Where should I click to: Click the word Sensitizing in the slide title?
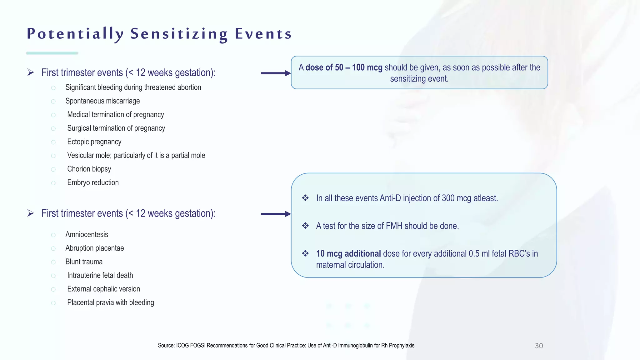click(x=179, y=34)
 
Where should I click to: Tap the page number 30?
click(x=539, y=346)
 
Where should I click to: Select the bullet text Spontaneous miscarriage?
click(x=102, y=101)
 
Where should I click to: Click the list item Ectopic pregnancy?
click(x=94, y=142)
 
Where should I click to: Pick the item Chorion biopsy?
click(x=89, y=169)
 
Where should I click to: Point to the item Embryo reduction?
click(x=93, y=182)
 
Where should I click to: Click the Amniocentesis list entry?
click(x=87, y=234)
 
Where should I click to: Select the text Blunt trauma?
click(x=84, y=262)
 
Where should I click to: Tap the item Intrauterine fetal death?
click(x=100, y=275)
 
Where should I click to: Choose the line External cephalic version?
click(x=103, y=289)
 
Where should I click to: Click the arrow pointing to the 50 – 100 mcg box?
click(x=275, y=73)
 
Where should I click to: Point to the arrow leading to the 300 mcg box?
click(x=275, y=214)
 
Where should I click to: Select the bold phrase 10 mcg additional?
click(x=348, y=253)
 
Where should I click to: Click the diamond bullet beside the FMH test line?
click(x=305, y=226)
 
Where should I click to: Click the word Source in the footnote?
click(x=166, y=346)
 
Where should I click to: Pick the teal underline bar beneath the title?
click(x=52, y=53)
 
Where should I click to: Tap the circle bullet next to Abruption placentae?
click(x=53, y=249)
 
